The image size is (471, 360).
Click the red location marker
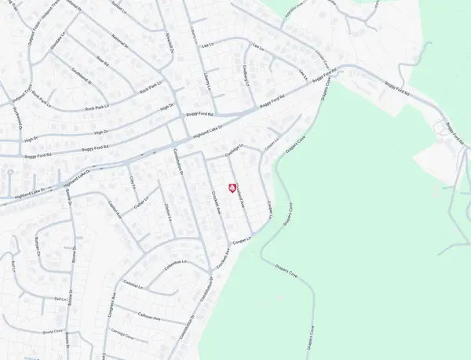[232, 187]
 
